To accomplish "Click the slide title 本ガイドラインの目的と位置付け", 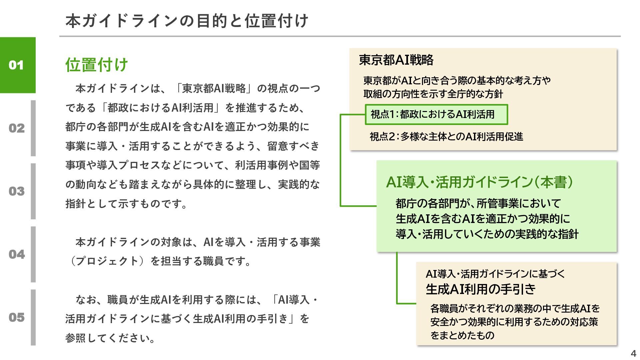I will (187, 21).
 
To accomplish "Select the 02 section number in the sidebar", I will (17, 128).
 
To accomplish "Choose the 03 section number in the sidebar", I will (17, 191).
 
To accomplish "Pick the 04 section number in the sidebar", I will (17, 254).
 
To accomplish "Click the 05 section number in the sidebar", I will (17, 317).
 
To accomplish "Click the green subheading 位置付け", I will (97, 65).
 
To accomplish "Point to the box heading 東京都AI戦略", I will (396, 60).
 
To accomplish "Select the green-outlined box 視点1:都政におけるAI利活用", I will (436, 114).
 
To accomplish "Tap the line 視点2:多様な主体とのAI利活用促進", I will (446, 136).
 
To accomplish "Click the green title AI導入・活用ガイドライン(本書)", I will (479, 182).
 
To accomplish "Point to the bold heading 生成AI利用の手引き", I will (480, 289).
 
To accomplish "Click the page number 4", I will (633, 353).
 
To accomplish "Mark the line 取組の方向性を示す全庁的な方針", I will (433, 94).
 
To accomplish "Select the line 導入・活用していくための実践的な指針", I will (487, 234).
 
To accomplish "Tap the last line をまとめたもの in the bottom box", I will (462, 335).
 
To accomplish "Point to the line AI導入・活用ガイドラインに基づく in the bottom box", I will (495, 274).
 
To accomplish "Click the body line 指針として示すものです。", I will (127, 203).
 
